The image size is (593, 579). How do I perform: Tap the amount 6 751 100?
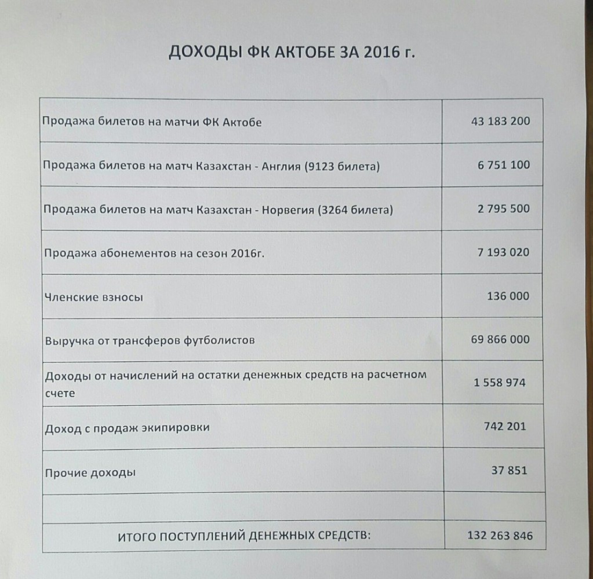pos(504,165)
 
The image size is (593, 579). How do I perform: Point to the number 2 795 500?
pos(503,208)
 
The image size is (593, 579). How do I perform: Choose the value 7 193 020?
pos(503,252)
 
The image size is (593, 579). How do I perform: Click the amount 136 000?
pos(508,296)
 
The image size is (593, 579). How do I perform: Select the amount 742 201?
pos(505,427)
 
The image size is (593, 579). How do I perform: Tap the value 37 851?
pos(509,470)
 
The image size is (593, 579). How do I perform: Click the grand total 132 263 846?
pos(499,536)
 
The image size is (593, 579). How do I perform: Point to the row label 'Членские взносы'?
pos(93,298)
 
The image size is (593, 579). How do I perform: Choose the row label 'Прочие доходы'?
pos(90,473)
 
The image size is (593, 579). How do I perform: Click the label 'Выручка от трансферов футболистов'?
pos(149,340)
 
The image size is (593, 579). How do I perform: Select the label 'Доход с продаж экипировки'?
pos(127,428)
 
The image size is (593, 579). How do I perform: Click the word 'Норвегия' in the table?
pos(287,210)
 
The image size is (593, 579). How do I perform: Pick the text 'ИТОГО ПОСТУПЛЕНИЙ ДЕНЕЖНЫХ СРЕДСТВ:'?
pos(243,537)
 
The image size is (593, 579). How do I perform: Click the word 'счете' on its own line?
pos(59,393)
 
